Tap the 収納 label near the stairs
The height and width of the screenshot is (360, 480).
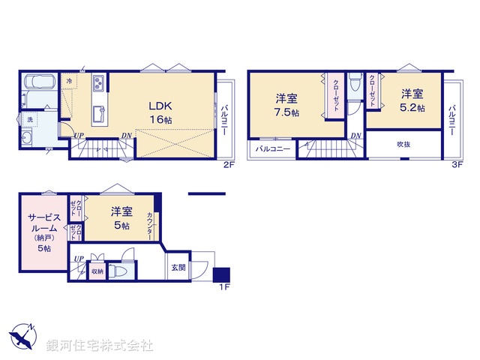(x=96, y=272)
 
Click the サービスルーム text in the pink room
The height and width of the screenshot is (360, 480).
(x=43, y=225)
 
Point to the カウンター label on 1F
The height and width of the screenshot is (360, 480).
(x=151, y=225)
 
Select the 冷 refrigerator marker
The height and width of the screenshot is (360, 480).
(x=69, y=79)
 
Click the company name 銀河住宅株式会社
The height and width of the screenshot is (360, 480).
(x=100, y=345)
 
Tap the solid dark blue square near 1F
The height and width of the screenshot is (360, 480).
(x=222, y=274)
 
